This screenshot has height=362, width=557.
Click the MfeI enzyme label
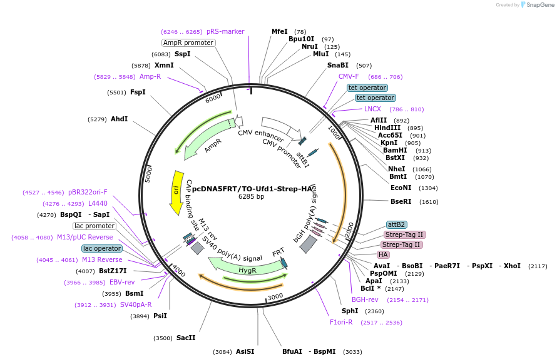point(280,31)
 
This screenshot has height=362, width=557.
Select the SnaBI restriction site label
point(338,65)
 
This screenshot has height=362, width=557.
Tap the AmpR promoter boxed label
point(188,43)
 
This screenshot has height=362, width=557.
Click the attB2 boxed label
point(397,224)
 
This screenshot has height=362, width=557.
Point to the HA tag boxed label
point(383,254)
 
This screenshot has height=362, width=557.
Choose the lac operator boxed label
point(102,248)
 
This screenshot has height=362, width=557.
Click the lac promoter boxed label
point(95,226)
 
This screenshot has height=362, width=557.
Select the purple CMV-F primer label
point(349,76)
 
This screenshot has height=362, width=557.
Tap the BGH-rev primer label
point(365,300)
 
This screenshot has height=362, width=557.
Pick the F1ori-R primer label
point(342,322)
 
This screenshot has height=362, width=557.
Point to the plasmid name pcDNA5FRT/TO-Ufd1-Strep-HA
point(252,188)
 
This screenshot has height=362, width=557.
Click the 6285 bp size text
point(252,196)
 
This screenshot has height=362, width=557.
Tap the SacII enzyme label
point(186,338)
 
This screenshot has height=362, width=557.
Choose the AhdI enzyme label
point(119,119)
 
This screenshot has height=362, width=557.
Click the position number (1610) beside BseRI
point(429,202)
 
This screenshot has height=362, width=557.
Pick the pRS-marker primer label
point(225,31)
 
